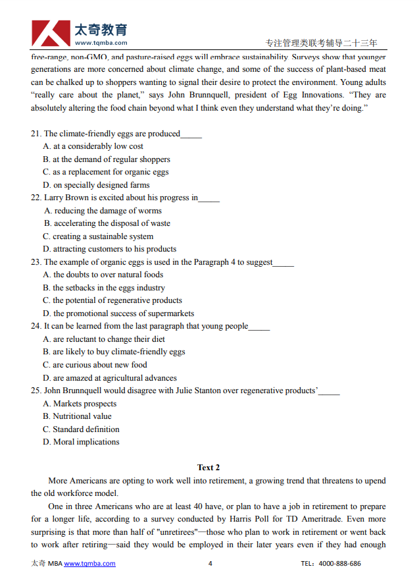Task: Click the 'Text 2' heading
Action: click(x=209, y=468)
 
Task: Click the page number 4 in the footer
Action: click(x=210, y=563)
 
